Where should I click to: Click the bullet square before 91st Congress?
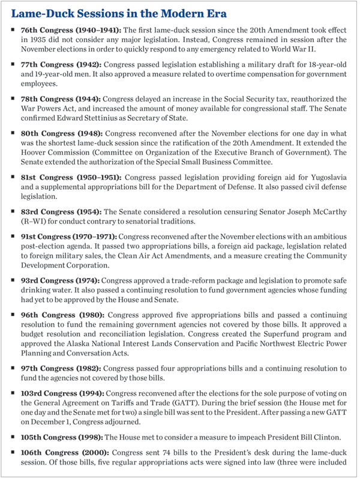click(13, 250)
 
